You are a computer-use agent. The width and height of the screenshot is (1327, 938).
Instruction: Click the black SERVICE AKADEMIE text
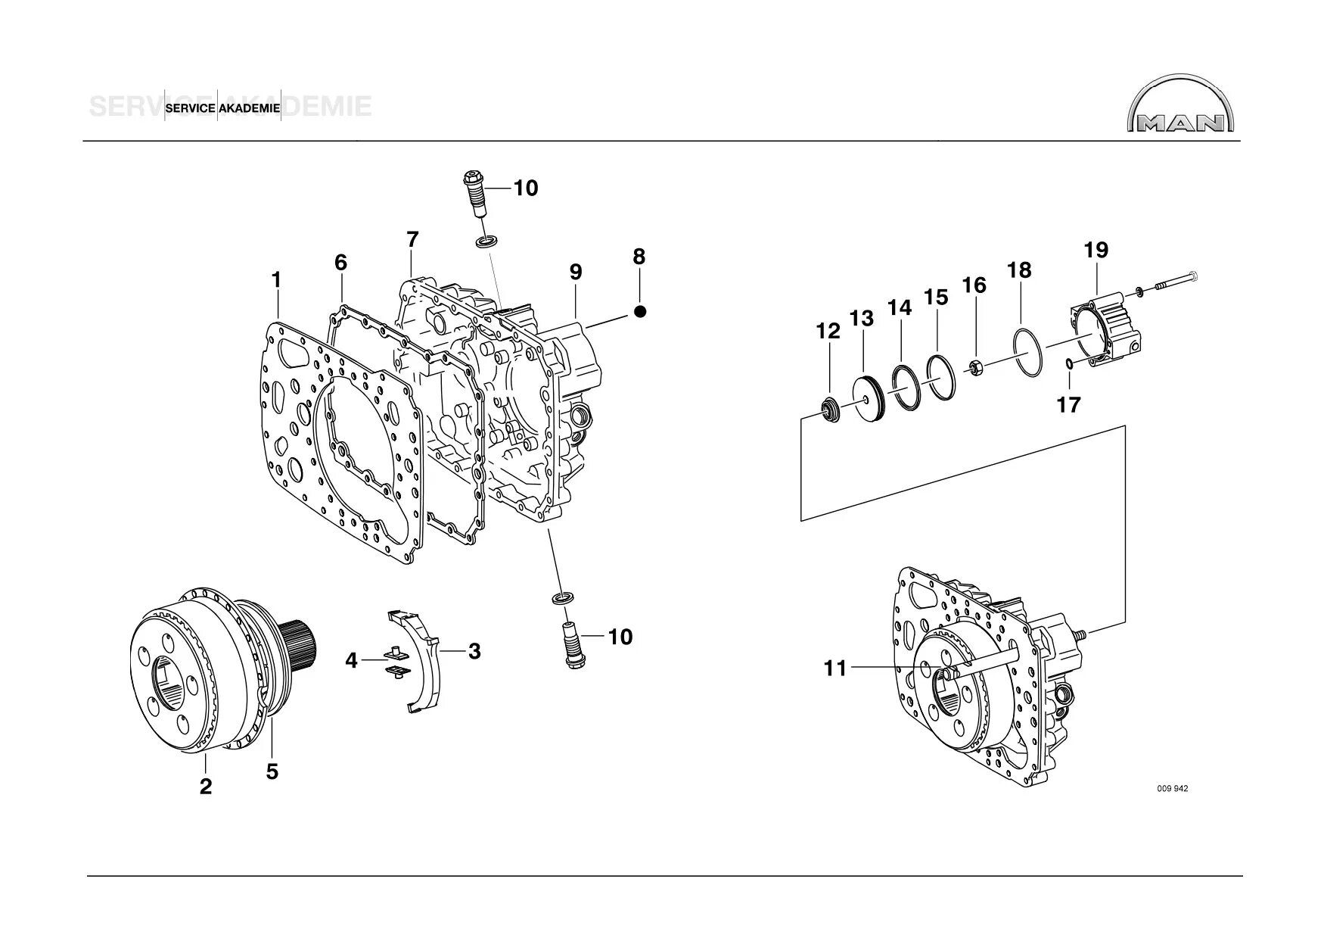pyautogui.click(x=222, y=108)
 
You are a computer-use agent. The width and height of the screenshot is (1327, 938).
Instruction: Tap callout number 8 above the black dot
pyautogui.click(x=639, y=257)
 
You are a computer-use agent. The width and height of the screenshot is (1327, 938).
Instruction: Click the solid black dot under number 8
pyautogui.click(x=640, y=311)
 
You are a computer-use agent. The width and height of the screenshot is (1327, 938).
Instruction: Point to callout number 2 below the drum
pyautogui.click(x=206, y=786)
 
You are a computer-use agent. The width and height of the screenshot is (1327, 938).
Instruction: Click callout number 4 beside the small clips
pyautogui.click(x=351, y=661)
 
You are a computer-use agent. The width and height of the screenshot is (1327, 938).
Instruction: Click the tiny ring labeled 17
pyautogui.click(x=1069, y=365)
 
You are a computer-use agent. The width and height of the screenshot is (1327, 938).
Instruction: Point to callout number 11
pyautogui.click(x=835, y=668)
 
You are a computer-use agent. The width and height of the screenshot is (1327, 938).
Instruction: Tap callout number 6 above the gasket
pyautogui.click(x=341, y=263)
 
